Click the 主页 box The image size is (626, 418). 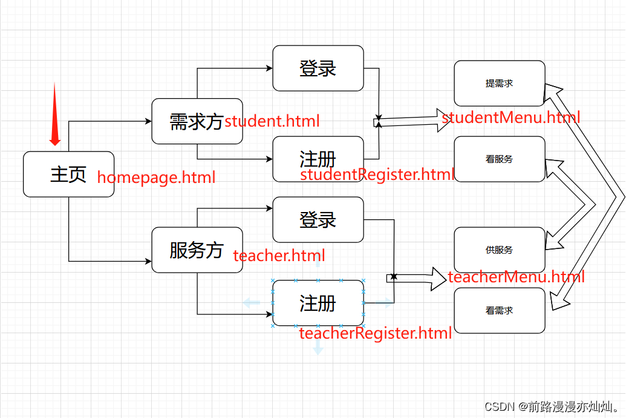pos(68,174)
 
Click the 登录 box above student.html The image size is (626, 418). pos(318,68)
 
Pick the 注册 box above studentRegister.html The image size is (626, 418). pos(318,158)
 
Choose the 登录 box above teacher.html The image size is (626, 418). pos(318,219)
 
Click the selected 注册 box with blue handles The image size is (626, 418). pos(318,303)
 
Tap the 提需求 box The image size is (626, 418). pos(499,84)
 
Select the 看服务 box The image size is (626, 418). pos(499,159)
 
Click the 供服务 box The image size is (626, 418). pos(499,250)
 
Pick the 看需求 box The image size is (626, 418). pos(499,310)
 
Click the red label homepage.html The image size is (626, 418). pos(156,177)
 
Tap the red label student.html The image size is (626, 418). pos(272,121)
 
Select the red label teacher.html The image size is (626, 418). pos(279,256)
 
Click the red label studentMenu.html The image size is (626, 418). pos(511,117)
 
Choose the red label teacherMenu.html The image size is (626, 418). pos(516,277)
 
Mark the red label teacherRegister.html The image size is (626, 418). pos(376,333)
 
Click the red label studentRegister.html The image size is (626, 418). pos(377,175)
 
